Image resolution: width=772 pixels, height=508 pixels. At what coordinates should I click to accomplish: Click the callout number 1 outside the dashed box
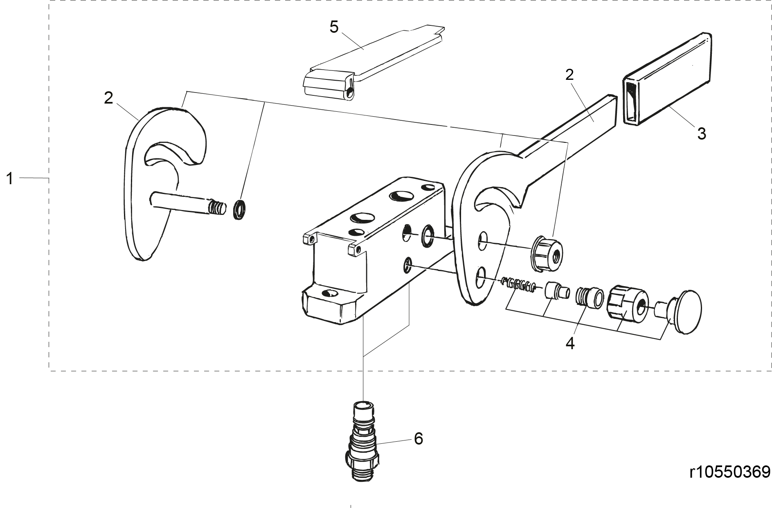[x=10, y=179]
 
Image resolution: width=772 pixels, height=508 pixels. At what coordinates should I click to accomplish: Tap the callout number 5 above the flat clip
[x=334, y=27]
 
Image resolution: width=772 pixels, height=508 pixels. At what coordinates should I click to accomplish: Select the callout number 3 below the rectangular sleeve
[x=702, y=133]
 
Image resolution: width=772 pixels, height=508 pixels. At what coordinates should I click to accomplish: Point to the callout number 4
[x=570, y=343]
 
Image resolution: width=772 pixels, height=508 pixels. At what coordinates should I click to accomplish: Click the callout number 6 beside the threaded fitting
[x=418, y=439]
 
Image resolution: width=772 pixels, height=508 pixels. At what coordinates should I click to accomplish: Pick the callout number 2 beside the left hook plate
[x=108, y=98]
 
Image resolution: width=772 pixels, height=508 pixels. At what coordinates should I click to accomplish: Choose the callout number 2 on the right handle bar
[x=569, y=75]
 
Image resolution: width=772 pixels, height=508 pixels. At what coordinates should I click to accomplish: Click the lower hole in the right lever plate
[x=482, y=278]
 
